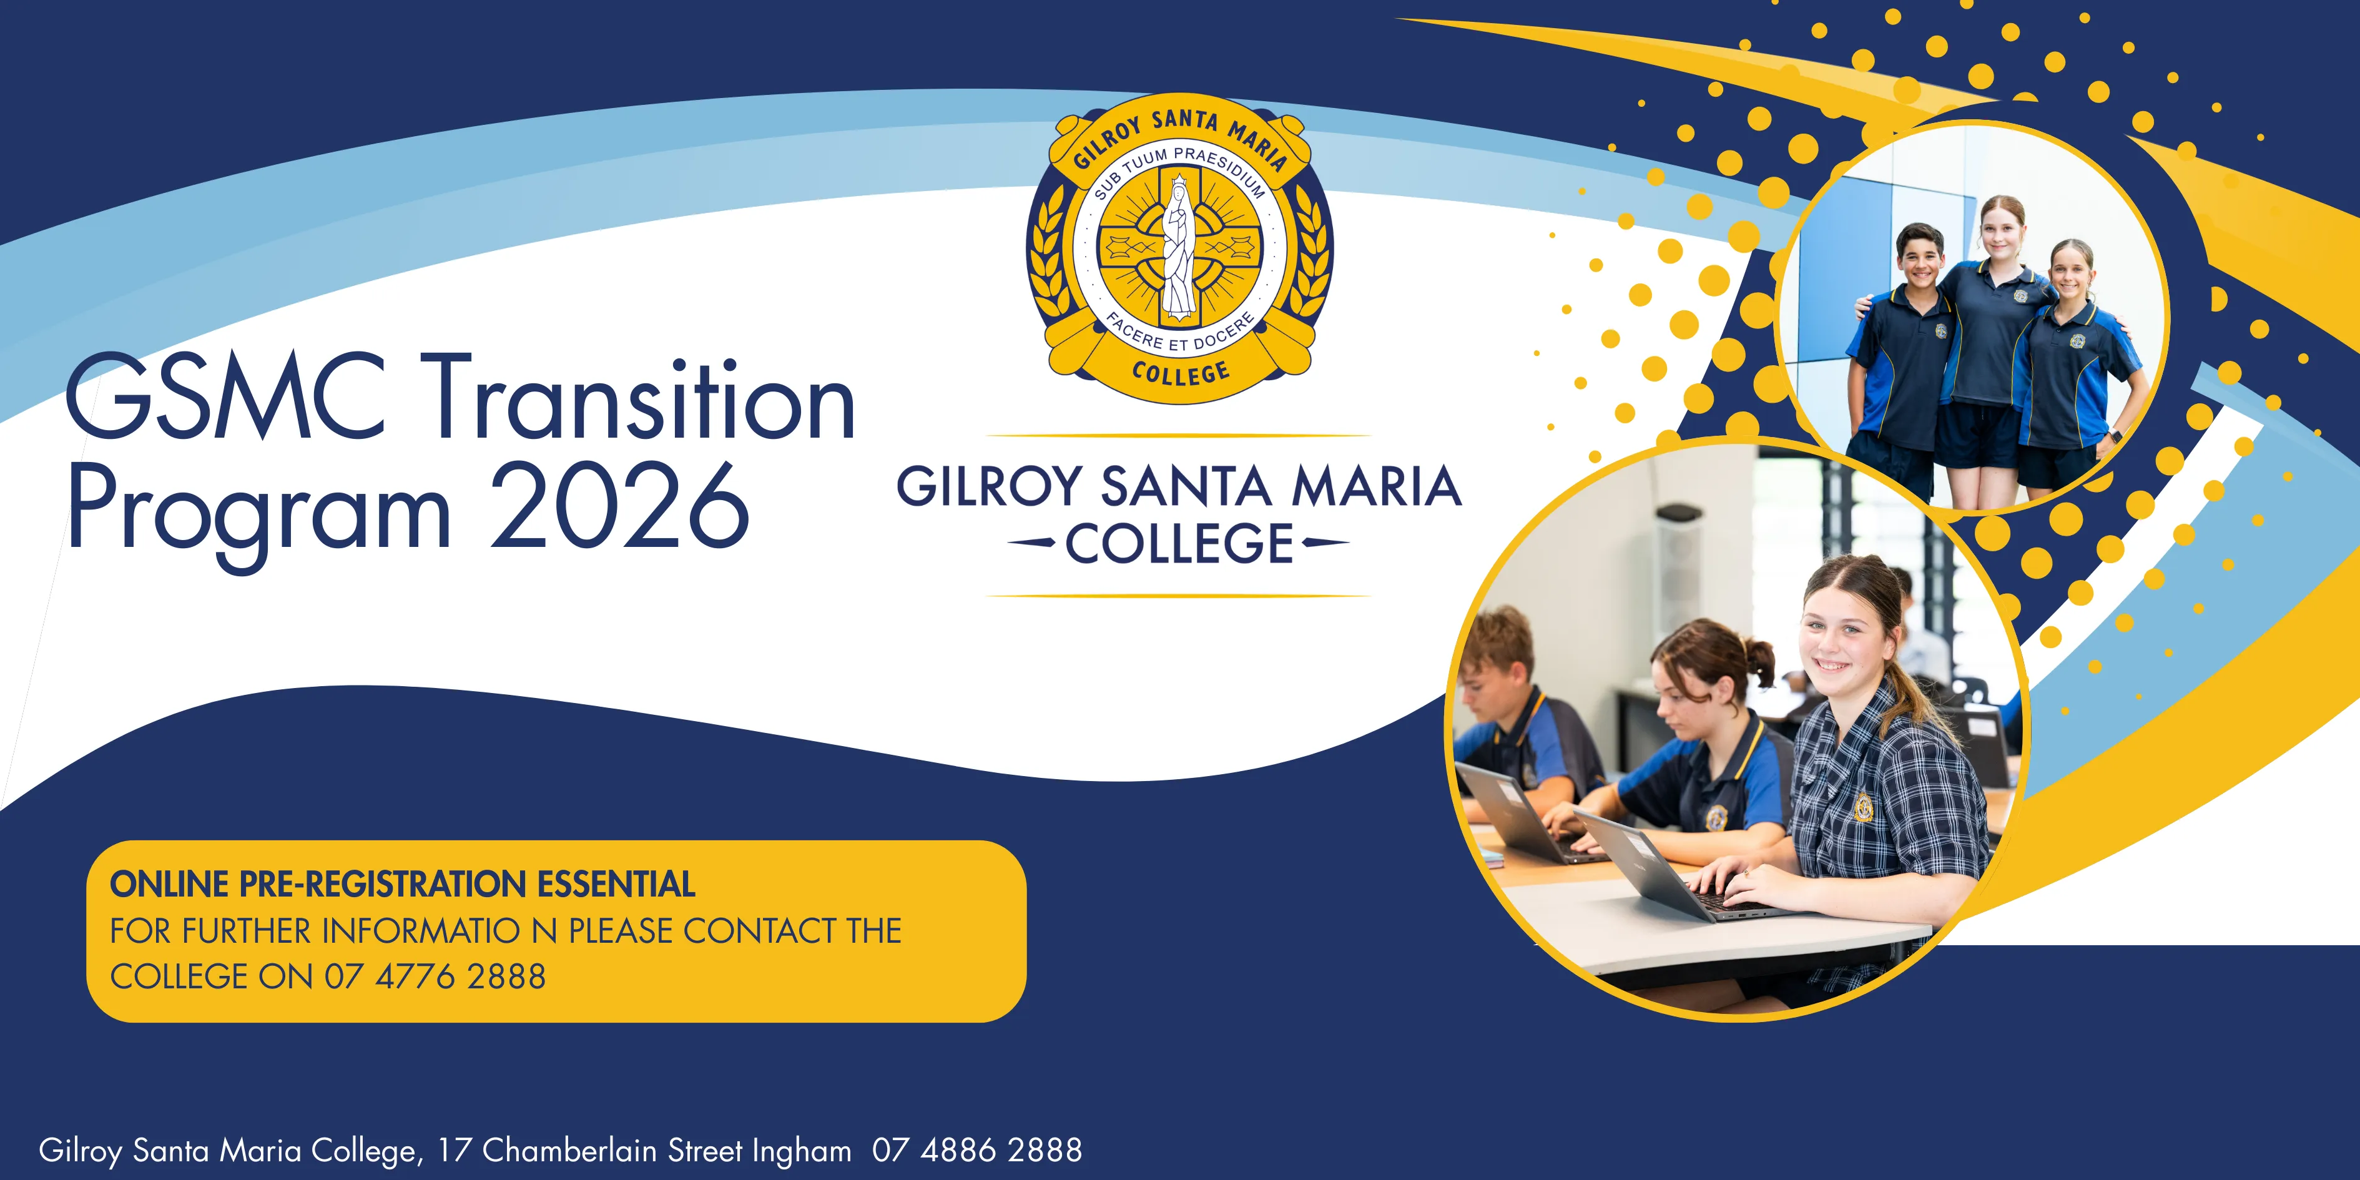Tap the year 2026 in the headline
620,506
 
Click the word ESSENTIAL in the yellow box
616,884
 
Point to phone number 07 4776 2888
435,976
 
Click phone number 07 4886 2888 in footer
976,1150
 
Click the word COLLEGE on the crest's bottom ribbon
1181,373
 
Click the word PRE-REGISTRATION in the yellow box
382,884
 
